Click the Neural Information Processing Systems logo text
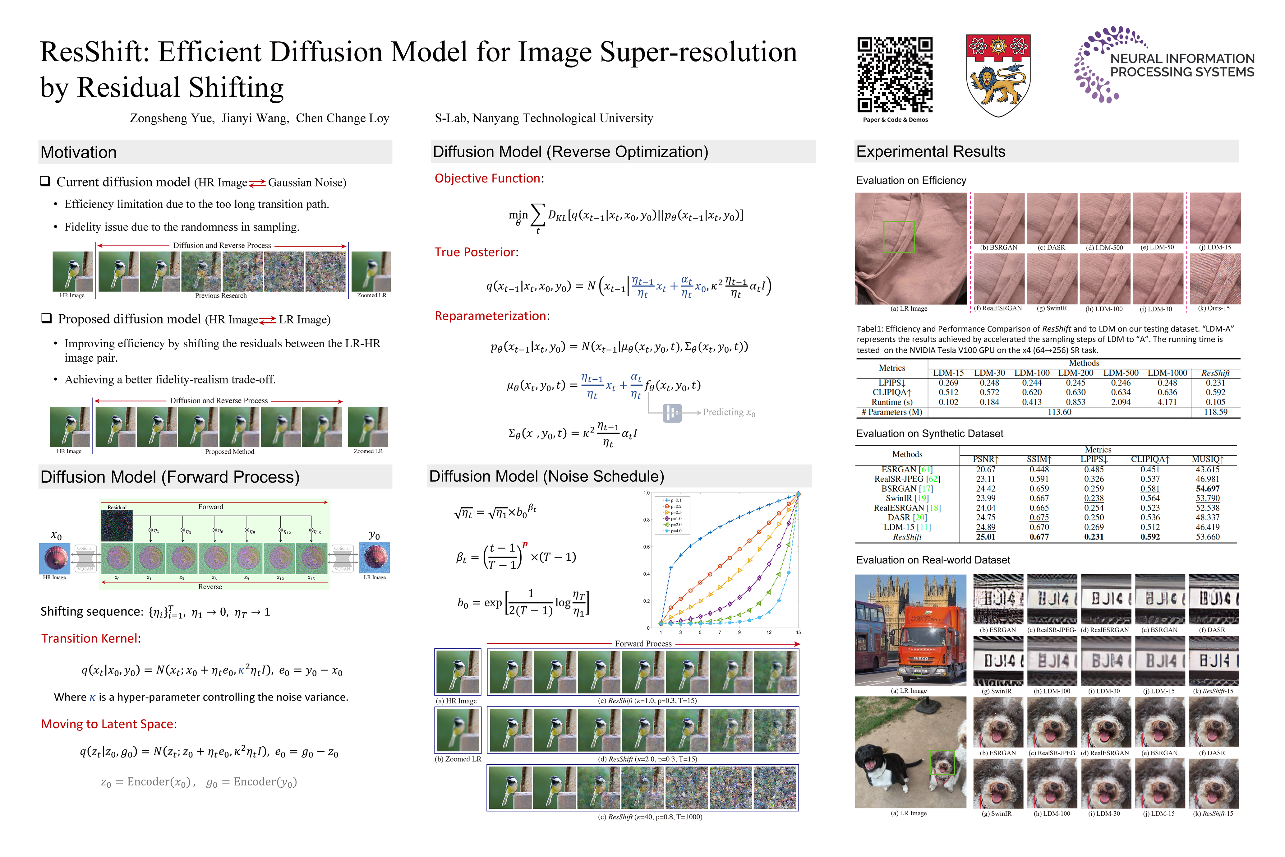coord(1182,65)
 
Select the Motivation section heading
coord(79,152)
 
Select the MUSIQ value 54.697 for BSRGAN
coord(1207,489)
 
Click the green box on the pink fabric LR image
coord(899,237)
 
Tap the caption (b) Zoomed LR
coord(458,759)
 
